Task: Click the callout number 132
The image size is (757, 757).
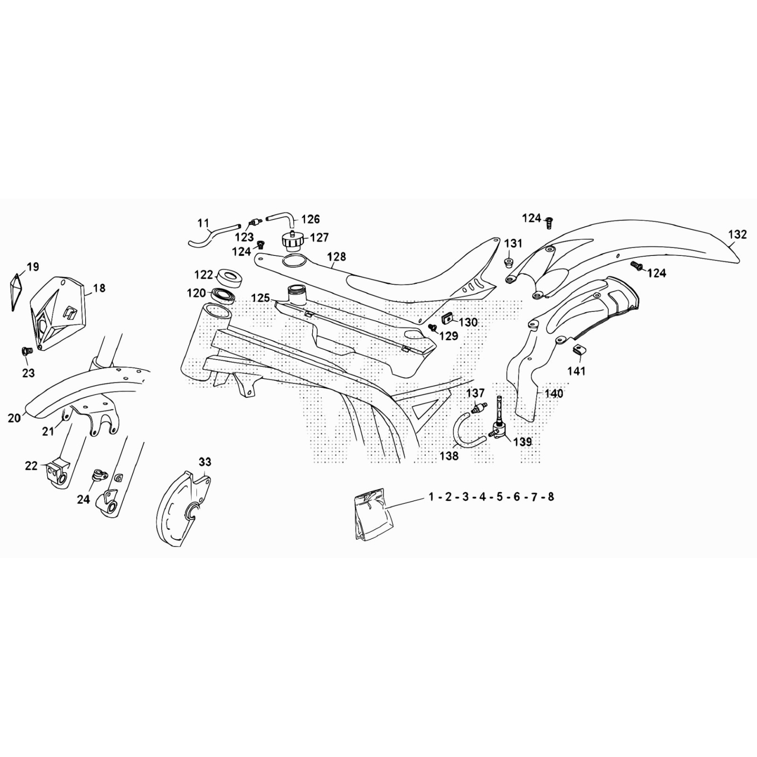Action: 738,234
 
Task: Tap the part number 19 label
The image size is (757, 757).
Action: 33,267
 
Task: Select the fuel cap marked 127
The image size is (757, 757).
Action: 292,241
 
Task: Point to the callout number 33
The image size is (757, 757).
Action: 205,461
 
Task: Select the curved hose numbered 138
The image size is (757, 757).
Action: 468,430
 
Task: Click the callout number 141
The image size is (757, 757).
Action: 576,371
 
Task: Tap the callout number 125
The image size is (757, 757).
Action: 261,298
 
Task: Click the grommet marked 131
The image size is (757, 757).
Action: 509,262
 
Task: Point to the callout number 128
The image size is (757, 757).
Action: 336,256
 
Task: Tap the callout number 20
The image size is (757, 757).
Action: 14,418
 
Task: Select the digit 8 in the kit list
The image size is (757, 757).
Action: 551,497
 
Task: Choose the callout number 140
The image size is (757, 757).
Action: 554,393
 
